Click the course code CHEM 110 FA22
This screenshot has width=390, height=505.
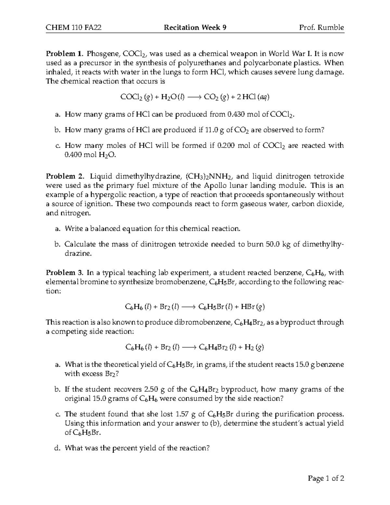click(73, 28)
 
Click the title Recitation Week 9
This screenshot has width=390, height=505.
click(195, 28)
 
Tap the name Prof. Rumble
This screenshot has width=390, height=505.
click(321, 28)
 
